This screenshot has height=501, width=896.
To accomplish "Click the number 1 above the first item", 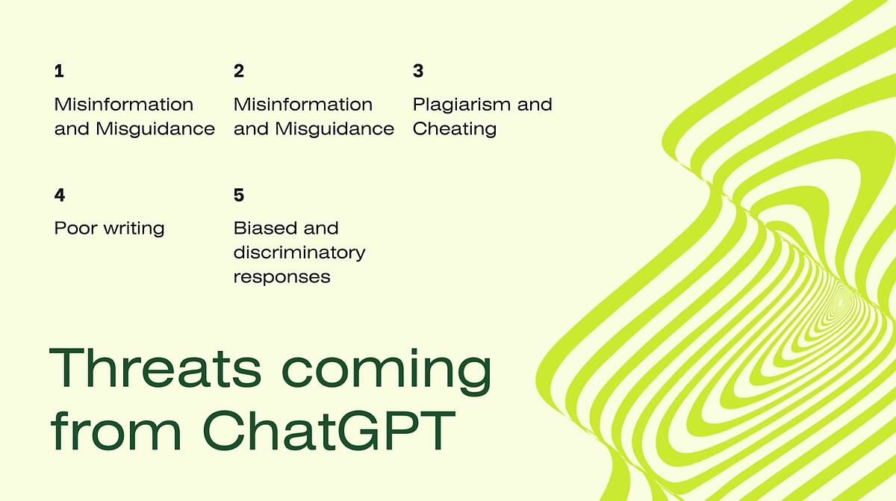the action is (x=59, y=71).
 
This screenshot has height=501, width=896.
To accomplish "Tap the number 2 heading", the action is (x=239, y=71).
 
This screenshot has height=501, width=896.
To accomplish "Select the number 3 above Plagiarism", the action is (x=418, y=71).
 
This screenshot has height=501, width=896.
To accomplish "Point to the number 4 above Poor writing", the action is (x=60, y=195).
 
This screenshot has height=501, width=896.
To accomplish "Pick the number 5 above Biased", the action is (x=239, y=195).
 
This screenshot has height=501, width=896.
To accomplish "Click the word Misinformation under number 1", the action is (x=124, y=105).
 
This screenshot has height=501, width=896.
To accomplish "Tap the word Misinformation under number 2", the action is (x=303, y=105).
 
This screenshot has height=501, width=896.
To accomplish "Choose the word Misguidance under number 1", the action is (x=155, y=129).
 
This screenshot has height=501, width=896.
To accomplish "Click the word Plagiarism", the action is (x=462, y=105).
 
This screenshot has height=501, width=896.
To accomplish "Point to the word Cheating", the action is (x=455, y=129).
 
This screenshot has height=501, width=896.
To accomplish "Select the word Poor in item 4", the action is (x=75, y=228).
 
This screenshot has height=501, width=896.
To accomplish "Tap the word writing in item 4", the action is (x=134, y=229).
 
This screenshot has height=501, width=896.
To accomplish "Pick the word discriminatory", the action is (x=299, y=253).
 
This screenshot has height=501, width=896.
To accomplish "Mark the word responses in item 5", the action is (x=282, y=278).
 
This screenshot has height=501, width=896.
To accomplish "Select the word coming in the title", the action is (x=387, y=371).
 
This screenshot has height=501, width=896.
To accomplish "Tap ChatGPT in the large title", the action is (x=329, y=430).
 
